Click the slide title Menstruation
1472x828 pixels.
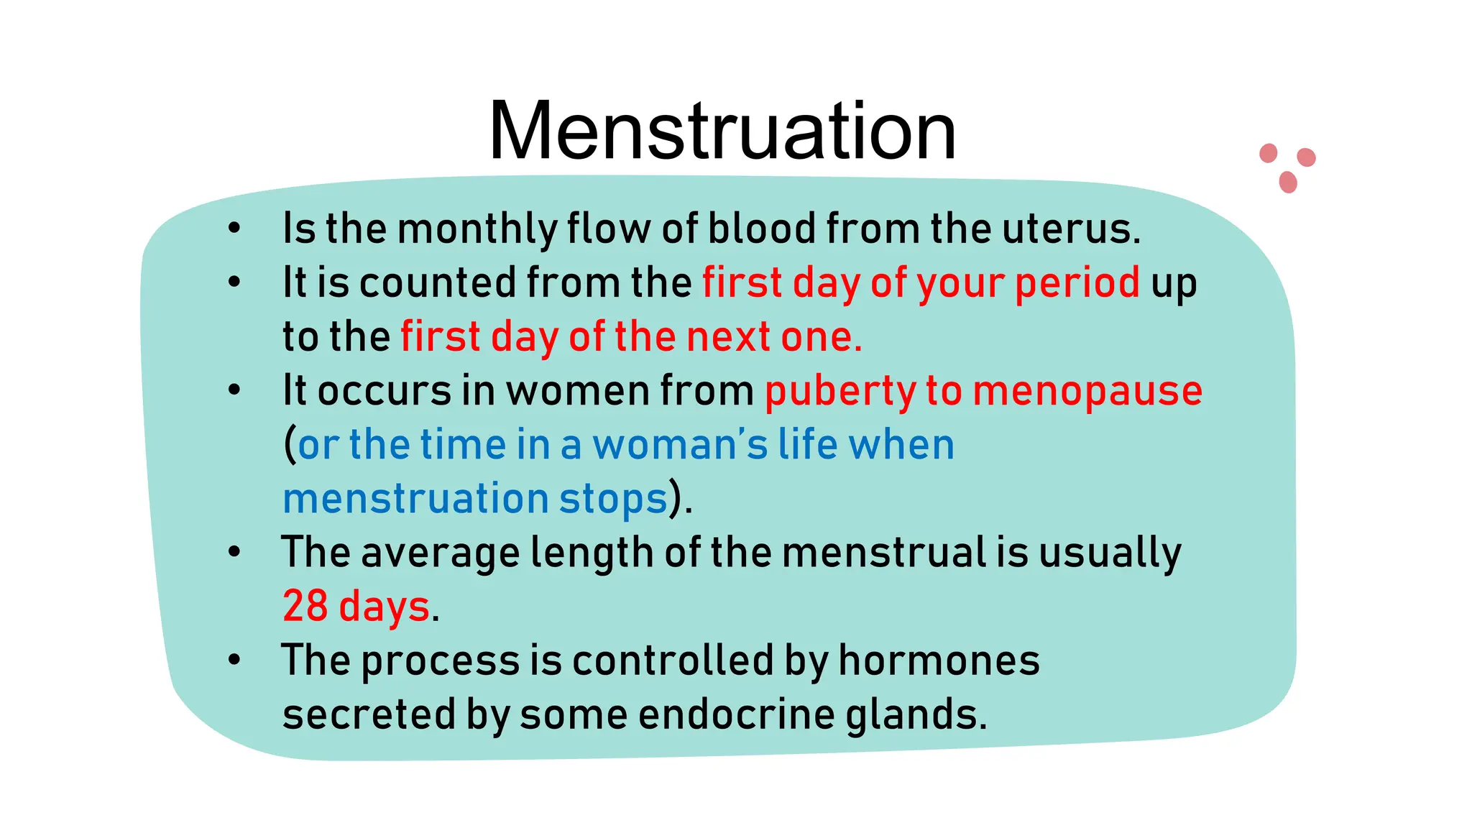(722, 132)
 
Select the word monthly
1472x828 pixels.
(477, 230)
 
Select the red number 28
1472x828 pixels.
(305, 606)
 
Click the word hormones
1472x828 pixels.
(939, 660)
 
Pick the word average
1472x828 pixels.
(440, 553)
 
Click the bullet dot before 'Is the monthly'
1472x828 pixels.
(234, 229)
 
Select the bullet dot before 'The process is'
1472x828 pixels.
(234, 660)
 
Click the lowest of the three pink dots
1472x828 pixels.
(1288, 182)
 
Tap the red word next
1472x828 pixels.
(728, 337)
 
